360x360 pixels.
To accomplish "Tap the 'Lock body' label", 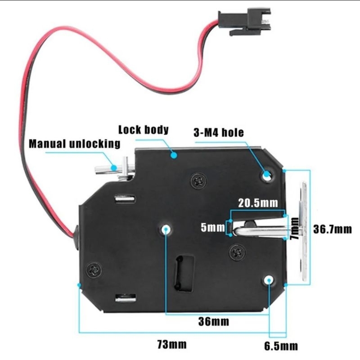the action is tap(143, 130).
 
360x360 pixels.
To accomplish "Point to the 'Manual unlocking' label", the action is tap(75, 144).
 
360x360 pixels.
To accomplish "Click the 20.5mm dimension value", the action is tap(258, 202).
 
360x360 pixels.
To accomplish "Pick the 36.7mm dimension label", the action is tap(333, 229).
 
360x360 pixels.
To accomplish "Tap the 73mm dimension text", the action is tap(171, 345).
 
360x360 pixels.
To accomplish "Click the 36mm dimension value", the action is tap(214, 321).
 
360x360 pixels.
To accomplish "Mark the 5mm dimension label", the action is tap(212, 228).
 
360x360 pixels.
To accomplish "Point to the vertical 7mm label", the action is tap(294, 228).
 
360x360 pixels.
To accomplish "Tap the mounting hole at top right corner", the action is tap(267, 175).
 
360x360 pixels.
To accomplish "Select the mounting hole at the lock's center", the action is tap(166, 229).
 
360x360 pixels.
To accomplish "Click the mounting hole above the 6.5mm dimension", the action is tap(269, 280).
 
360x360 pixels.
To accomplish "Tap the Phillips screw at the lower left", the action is tap(94, 270).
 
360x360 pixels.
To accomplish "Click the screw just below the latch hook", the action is tap(237, 252).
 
